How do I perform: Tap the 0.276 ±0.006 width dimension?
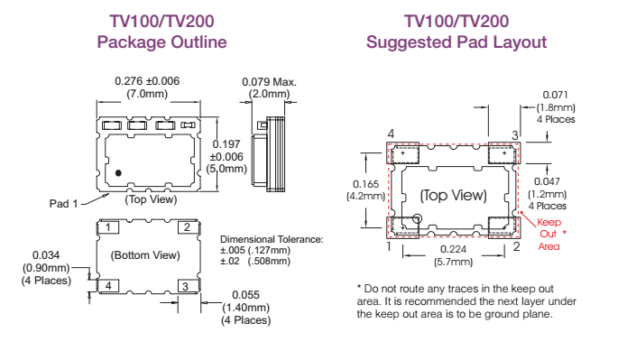coord(147,81)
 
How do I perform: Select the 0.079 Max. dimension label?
coord(269,82)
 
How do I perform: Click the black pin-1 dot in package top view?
coord(118,172)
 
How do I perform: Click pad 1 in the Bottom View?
coord(107,227)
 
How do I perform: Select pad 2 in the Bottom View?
coord(185,227)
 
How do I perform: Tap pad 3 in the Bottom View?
coord(185,286)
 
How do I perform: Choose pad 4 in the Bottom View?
coord(107,286)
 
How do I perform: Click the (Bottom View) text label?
coord(146,256)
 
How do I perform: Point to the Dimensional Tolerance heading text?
coord(272,239)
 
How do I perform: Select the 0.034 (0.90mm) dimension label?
coord(47,267)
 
